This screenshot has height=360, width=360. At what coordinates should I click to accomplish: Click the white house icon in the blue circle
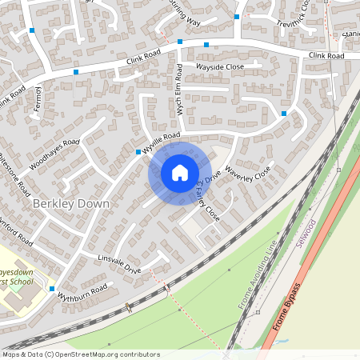pyautogui.click(x=179, y=173)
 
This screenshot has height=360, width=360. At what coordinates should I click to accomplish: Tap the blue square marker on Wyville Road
pyautogui.click(x=138, y=151)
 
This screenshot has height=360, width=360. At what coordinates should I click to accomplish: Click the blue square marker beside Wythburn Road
pyautogui.click(x=52, y=288)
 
